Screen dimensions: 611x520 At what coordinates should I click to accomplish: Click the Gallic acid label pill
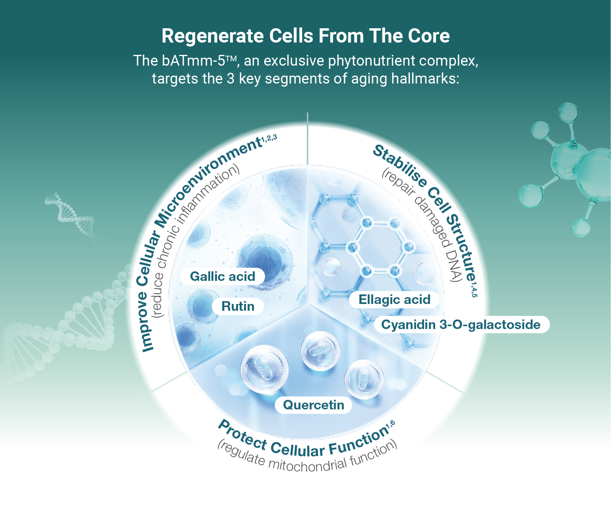(x=222, y=277)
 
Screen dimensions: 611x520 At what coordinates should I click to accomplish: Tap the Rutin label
(x=238, y=306)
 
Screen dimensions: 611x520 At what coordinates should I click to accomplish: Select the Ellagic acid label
(x=394, y=300)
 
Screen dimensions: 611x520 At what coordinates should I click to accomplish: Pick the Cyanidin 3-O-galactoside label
(x=462, y=325)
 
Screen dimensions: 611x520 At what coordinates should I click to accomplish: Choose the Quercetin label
(x=313, y=405)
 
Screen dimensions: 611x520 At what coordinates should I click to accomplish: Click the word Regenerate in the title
(x=212, y=36)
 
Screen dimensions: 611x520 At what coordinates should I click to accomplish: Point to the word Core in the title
(x=429, y=36)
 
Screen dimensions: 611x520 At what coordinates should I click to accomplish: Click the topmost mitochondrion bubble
(x=320, y=351)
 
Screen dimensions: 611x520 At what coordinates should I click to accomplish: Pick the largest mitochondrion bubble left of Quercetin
(x=264, y=370)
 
